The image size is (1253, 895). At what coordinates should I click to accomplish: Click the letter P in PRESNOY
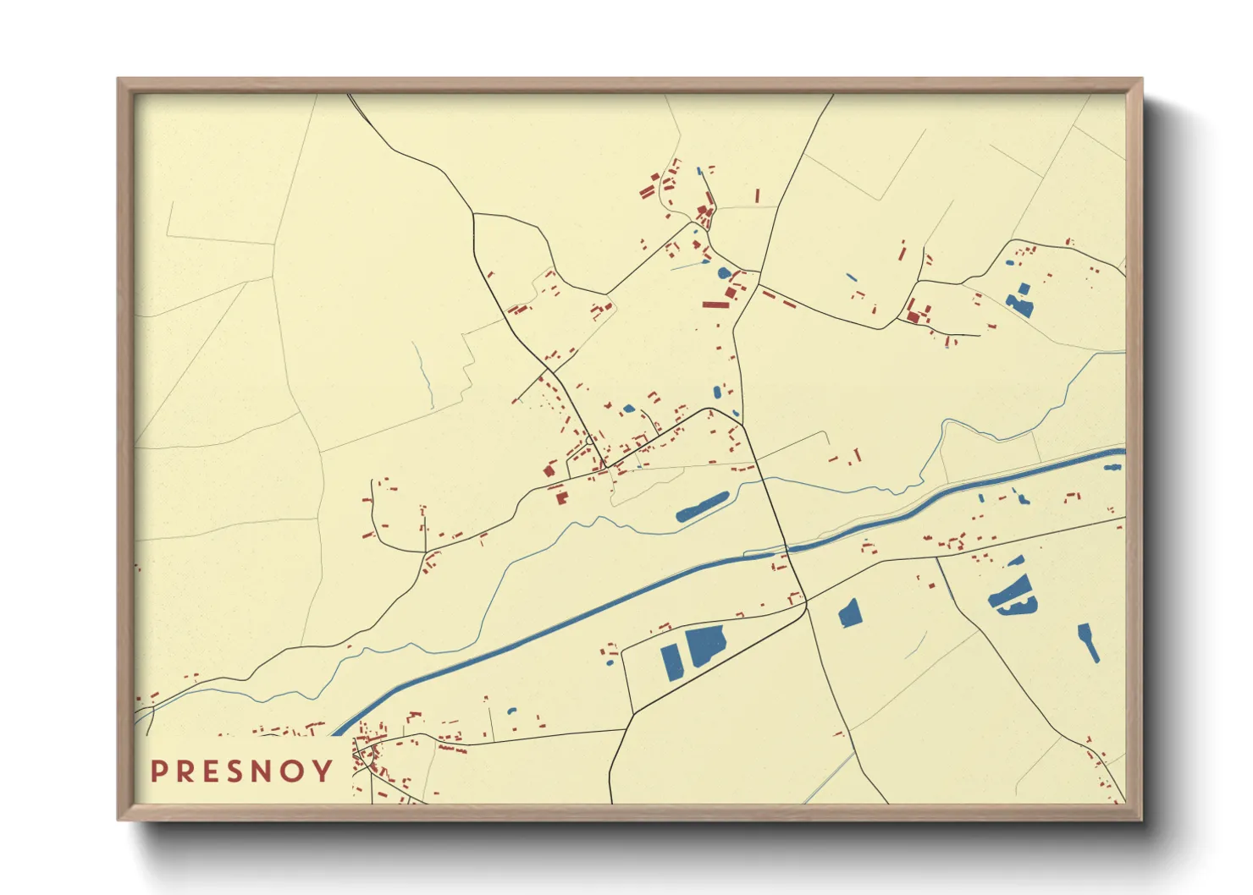point(157,771)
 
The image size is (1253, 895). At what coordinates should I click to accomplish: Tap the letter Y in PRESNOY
point(323,771)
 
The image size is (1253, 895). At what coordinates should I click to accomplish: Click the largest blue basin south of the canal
point(705,646)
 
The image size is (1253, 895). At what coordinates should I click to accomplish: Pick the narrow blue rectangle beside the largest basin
point(671,662)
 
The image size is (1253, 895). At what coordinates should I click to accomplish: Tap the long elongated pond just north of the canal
point(702,507)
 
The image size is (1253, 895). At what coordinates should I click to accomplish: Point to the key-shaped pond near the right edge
point(1088,641)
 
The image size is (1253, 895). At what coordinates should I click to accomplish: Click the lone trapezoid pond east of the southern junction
point(849,613)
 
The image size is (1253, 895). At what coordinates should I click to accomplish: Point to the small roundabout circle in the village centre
point(589,440)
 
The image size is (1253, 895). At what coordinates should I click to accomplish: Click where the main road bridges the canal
point(785,550)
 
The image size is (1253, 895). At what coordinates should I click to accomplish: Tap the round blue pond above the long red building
point(724,273)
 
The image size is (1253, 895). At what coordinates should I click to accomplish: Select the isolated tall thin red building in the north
point(757,196)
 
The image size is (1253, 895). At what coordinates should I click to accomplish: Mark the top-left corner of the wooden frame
point(119,80)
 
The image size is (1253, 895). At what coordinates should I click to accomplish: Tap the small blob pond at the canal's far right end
point(1112,466)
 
